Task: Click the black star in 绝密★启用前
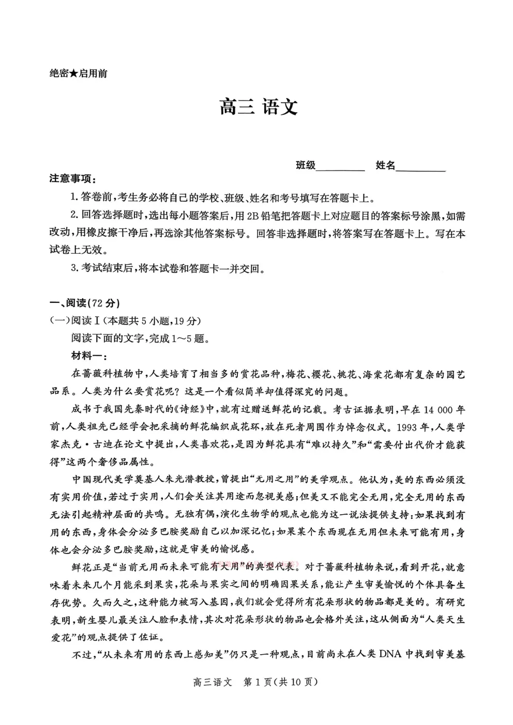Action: tap(73, 73)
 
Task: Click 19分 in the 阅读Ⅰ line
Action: tap(186, 321)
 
